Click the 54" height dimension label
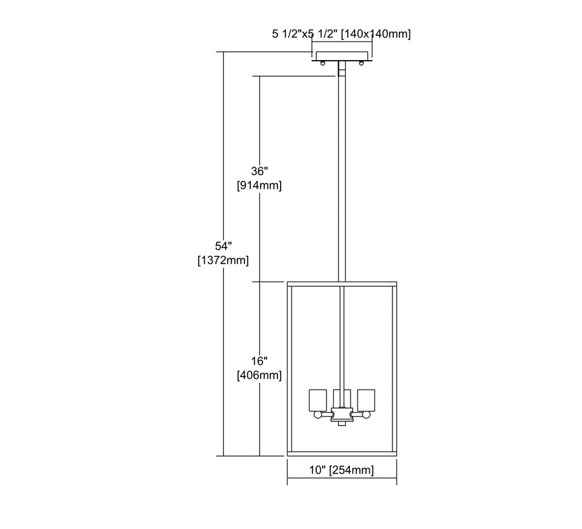pyautogui.click(x=223, y=246)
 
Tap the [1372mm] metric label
pyautogui.click(x=223, y=260)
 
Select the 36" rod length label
pyautogui.click(x=259, y=171)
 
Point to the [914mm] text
pyautogui.click(x=259, y=185)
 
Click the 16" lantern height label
pyautogui.click(x=259, y=360)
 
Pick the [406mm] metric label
pyautogui.click(x=259, y=375)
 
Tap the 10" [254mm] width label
pyautogui.click(x=341, y=470)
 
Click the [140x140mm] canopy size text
pyautogui.click(x=376, y=34)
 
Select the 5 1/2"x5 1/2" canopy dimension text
pyautogui.click(x=305, y=34)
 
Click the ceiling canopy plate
pyautogui.click(x=342, y=56)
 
